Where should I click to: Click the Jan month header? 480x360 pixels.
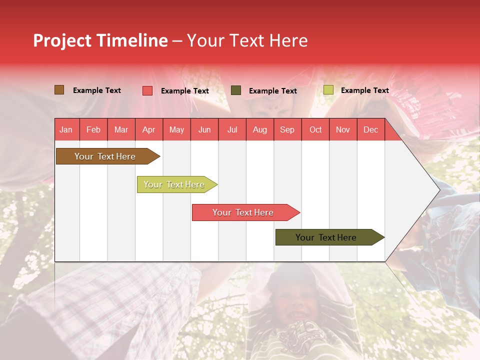[66, 130]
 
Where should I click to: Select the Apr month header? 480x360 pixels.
[148, 130]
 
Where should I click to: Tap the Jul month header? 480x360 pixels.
[232, 130]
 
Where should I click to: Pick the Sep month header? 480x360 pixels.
[287, 130]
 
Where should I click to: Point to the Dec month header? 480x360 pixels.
[370, 130]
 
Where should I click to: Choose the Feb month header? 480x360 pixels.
[93, 130]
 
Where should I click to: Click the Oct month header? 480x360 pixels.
[315, 130]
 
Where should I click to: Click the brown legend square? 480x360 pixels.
[59, 90]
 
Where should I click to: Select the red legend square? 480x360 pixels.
[147, 90]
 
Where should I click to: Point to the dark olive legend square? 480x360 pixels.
[236, 90]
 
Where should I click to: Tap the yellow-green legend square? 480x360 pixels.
[328, 90]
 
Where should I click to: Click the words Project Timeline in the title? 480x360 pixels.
[100, 40]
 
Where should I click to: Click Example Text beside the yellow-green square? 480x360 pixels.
[364, 90]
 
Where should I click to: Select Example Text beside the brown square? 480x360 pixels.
[96, 90]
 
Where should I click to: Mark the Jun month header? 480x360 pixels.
[204, 130]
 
